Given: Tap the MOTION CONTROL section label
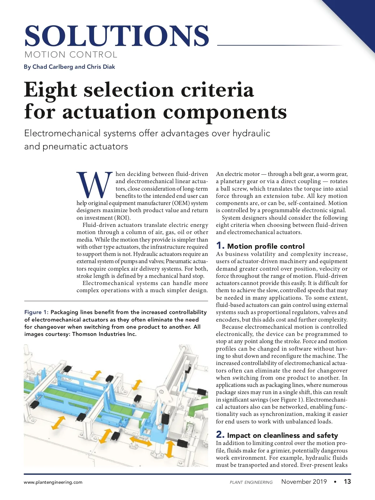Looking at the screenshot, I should coord(71,55).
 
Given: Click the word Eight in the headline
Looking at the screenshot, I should coord(51,90).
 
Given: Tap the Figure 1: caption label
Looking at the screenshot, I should coord(36,312).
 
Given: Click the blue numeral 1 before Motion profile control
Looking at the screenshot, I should coord(220,246).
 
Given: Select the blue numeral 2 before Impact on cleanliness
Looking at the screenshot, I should coord(220,435).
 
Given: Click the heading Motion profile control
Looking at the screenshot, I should coord(266,246).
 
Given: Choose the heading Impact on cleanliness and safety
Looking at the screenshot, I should coord(282,435).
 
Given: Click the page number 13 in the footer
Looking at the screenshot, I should coord(347,482).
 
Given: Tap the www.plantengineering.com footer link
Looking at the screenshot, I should coord(53,482).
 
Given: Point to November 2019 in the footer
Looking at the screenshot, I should coord(304,482).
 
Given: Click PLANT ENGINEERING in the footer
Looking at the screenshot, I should coord(251,482).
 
